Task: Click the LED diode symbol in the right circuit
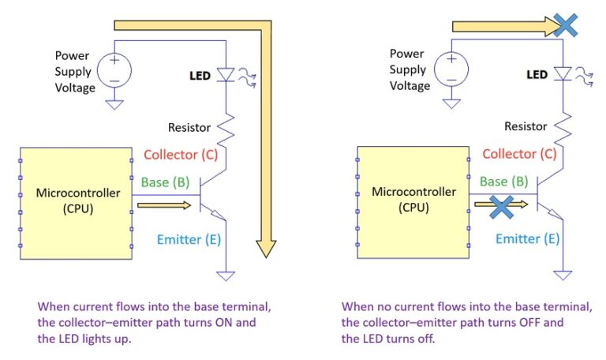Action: point(563,74)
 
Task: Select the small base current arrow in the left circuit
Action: point(163,205)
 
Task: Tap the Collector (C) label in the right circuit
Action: point(518,154)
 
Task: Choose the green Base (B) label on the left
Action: point(166,183)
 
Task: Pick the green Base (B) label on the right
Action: point(504,182)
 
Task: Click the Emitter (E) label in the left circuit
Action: point(187,239)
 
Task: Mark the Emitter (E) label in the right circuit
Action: point(527,239)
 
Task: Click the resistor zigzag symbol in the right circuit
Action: point(563,125)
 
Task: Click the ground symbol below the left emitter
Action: point(226,276)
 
